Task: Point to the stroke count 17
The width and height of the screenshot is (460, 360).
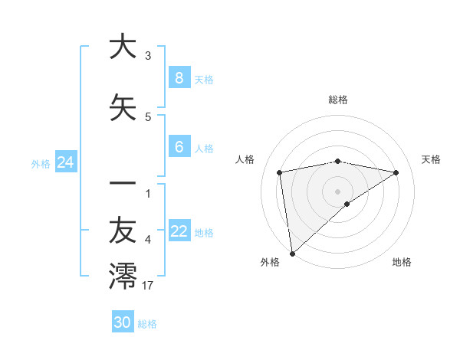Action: click(x=148, y=286)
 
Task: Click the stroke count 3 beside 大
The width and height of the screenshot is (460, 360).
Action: click(x=148, y=55)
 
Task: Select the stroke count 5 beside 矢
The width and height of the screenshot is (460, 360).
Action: click(x=148, y=116)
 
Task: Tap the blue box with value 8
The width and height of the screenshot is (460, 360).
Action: click(x=179, y=77)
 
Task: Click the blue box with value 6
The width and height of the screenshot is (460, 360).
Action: click(x=179, y=147)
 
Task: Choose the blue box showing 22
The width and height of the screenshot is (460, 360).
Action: click(x=179, y=231)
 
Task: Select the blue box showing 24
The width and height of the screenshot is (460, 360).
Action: click(x=65, y=162)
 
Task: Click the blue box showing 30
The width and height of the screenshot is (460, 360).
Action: click(x=122, y=322)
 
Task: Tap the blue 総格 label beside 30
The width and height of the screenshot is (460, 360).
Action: click(x=148, y=324)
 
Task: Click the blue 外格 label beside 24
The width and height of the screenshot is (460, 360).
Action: click(x=41, y=163)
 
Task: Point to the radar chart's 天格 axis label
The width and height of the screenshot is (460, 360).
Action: click(x=431, y=159)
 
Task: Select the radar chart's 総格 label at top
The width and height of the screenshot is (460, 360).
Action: click(x=337, y=100)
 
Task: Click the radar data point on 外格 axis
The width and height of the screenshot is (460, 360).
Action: click(x=292, y=253)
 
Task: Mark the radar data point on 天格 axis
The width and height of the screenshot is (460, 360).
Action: click(x=396, y=172)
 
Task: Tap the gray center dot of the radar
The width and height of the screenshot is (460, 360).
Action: click(x=337, y=191)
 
